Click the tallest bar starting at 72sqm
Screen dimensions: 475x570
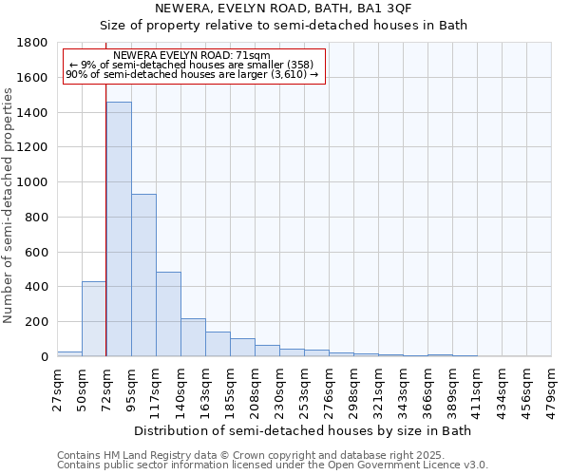coord(119,229)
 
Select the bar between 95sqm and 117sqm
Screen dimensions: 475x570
coord(143,275)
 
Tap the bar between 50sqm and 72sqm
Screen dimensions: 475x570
coord(94,319)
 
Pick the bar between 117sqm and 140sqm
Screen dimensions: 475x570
coord(168,314)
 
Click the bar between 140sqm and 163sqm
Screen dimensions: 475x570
coord(193,337)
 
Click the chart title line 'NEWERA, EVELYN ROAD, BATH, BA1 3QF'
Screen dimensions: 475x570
coord(284,9)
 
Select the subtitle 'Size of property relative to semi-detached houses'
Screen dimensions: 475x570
coord(284,25)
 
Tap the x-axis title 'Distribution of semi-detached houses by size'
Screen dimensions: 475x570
coord(302,430)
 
